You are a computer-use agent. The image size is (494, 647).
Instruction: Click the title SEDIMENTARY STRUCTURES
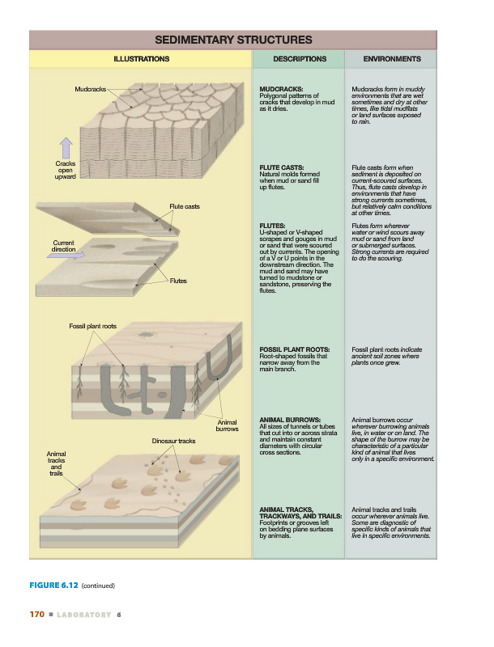pos(232,40)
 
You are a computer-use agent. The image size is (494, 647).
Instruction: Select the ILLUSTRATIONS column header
pos(142,59)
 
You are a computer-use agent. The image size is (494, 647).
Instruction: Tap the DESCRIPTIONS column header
pos(300,59)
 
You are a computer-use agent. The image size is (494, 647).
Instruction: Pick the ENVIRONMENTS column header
pos(392,59)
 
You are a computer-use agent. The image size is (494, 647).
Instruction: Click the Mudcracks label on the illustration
pos(90,87)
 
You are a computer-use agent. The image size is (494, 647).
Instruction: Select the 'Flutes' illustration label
pos(178,281)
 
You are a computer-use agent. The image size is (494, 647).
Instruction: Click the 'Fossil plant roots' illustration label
pos(92,326)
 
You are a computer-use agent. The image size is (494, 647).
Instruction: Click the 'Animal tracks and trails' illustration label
pos(56,463)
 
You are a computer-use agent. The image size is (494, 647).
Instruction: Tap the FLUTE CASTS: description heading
pos(284,167)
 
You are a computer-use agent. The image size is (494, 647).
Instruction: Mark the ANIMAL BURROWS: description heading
pos(291,421)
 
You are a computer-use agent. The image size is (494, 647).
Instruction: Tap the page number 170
pos(36,615)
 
